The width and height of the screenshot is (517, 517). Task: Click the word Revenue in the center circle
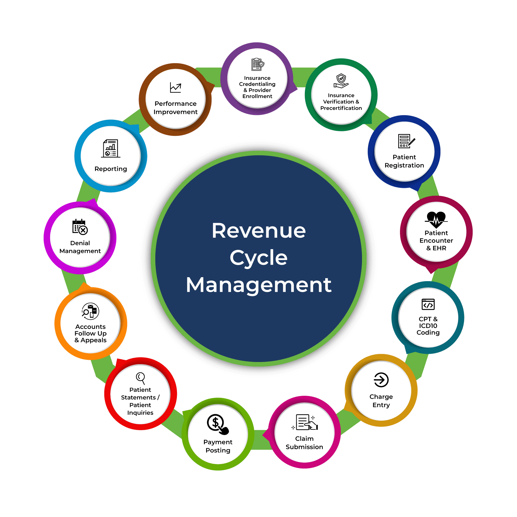pyautogui.click(x=259, y=231)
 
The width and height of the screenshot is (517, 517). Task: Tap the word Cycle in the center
pyautogui.click(x=259, y=258)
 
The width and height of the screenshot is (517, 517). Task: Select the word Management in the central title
pyautogui.click(x=259, y=285)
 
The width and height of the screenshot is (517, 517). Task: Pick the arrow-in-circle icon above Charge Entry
pyautogui.click(x=381, y=380)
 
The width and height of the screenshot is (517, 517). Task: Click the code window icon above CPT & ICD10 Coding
pyautogui.click(x=428, y=304)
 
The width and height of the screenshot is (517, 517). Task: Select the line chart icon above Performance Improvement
pyautogui.click(x=175, y=88)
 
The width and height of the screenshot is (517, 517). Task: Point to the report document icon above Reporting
pyautogui.click(x=111, y=148)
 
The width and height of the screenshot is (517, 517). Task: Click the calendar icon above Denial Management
pyautogui.click(x=80, y=227)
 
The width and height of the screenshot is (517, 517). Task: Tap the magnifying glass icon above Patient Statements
pyautogui.click(x=140, y=378)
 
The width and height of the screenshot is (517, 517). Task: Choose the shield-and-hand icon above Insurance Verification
pyautogui.click(x=341, y=81)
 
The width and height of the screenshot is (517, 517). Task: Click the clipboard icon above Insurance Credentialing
pyautogui.click(x=257, y=64)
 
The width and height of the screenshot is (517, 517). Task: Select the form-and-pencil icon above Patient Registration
pyautogui.click(x=406, y=141)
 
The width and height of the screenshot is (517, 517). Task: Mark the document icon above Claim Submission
pyautogui.click(x=305, y=422)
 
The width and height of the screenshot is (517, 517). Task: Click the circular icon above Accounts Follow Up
pyautogui.click(x=90, y=312)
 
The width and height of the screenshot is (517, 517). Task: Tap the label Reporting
pyautogui.click(x=111, y=169)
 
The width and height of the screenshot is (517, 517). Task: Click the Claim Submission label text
pyautogui.click(x=304, y=443)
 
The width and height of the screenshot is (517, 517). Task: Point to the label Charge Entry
pyautogui.click(x=381, y=401)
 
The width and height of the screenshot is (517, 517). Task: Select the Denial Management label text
pyautogui.click(x=80, y=247)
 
